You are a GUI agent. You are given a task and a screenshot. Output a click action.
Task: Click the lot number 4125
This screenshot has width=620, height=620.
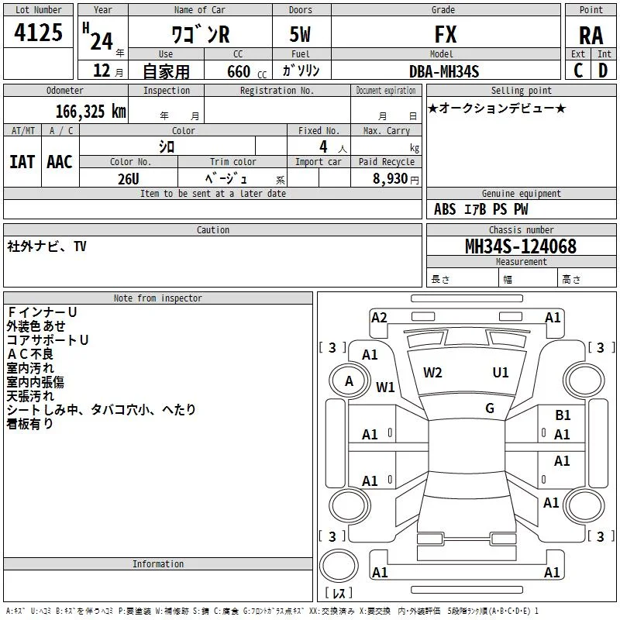[38, 33]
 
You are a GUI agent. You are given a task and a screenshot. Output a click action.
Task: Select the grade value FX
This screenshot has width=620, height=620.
[446, 34]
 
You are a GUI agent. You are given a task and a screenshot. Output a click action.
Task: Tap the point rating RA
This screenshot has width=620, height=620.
[591, 36]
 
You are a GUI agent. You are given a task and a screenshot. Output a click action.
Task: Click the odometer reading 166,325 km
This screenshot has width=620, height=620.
[91, 112]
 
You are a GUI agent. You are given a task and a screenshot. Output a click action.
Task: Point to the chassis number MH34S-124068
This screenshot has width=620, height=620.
[521, 246]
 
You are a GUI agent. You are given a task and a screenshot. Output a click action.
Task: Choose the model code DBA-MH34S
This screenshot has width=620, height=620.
[444, 71]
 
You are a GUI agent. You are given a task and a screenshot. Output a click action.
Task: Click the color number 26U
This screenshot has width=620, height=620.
[129, 179]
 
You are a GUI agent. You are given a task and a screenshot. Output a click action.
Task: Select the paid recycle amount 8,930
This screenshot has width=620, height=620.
[391, 178]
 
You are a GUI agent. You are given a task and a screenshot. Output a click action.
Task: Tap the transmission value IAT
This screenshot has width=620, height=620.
[22, 162]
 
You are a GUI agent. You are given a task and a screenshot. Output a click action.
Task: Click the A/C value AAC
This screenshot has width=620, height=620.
[60, 162]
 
